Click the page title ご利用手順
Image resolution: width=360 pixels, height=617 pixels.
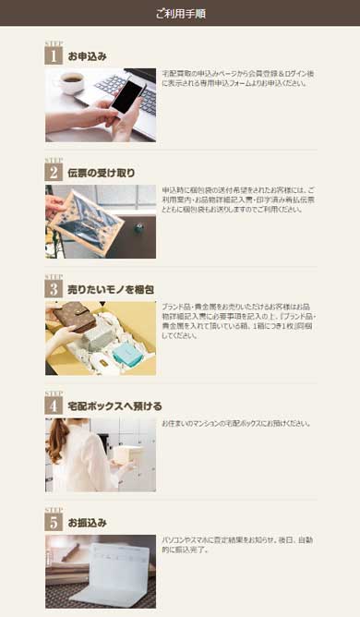click(180, 13)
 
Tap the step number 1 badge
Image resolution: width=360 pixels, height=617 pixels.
click(53, 55)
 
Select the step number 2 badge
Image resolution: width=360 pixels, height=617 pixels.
click(53, 172)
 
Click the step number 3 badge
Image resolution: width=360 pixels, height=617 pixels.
click(53, 288)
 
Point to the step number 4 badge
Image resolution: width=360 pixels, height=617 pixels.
click(53, 405)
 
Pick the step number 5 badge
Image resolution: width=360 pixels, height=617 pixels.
click(53, 522)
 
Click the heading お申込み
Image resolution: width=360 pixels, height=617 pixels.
click(88, 56)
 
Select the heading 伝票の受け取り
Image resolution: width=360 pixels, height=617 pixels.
click(102, 173)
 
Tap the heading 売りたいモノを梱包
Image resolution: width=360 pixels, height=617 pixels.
click(111, 289)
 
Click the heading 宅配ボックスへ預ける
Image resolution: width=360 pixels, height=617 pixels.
click(114, 405)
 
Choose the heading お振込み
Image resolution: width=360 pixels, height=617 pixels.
click(88, 523)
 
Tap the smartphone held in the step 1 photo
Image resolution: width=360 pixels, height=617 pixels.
click(126, 96)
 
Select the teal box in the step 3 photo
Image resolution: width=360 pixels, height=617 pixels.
click(126, 353)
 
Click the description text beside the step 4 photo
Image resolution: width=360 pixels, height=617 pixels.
click(236, 424)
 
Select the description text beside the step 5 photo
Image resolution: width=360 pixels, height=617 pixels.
click(237, 544)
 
